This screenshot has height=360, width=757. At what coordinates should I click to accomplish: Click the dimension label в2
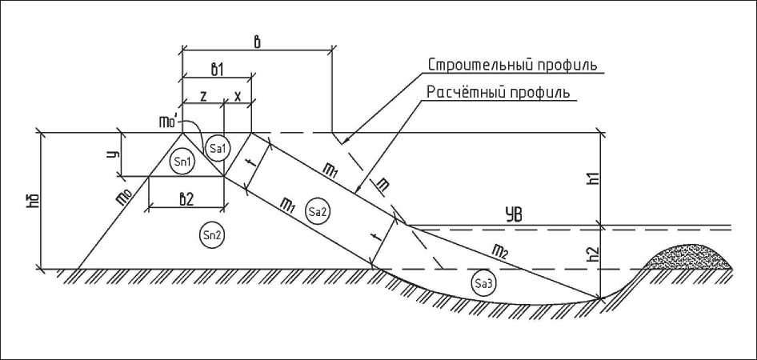186,200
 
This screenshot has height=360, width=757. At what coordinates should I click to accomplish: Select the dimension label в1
216,69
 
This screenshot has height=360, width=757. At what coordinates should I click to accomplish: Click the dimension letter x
238,95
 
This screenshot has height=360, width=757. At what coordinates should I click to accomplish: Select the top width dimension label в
255,42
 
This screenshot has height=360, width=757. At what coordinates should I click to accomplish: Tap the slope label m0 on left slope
124,196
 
